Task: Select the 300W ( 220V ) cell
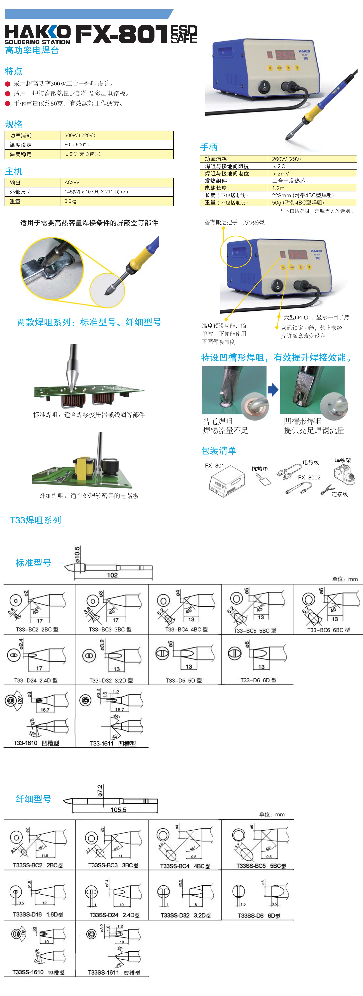point(80,135)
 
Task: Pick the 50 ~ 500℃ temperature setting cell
point(77,145)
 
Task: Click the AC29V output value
point(72,183)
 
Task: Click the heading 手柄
point(209,147)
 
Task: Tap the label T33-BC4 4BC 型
point(187,629)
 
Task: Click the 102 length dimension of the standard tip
point(112,575)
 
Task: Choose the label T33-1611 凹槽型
point(113,744)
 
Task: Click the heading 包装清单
point(219,450)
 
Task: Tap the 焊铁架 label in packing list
point(342,460)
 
